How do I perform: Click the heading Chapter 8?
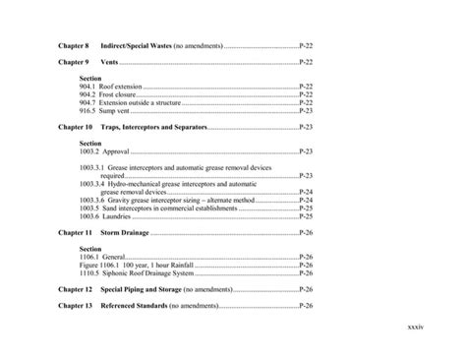(74, 46)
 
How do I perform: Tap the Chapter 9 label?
(74, 62)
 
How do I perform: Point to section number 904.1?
(87, 87)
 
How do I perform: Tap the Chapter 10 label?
(76, 128)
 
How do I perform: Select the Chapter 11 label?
(76, 233)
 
